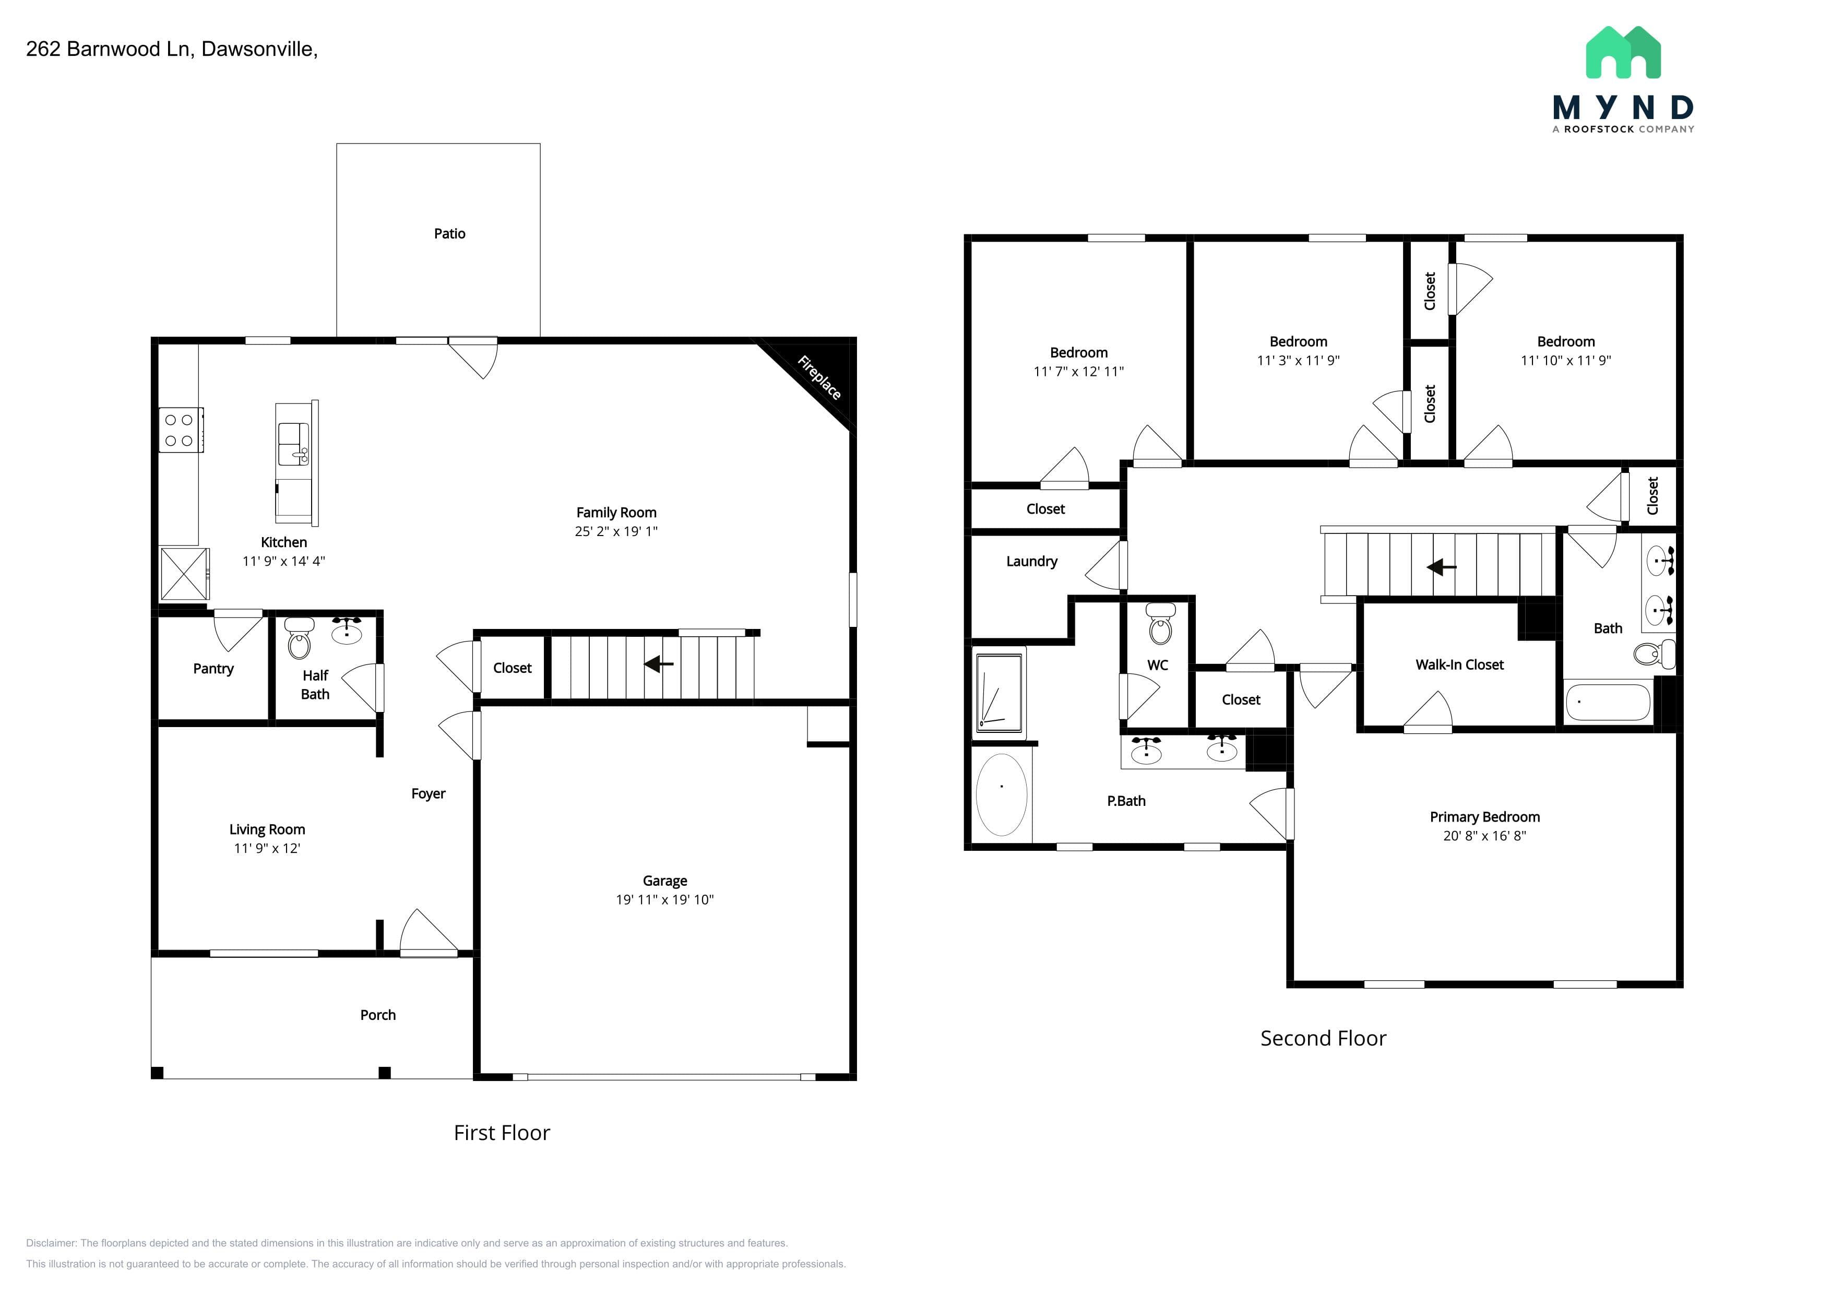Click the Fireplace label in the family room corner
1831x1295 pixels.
tap(819, 377)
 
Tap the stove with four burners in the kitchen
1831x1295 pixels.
tap(181, 430)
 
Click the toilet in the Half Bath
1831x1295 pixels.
tap(299, 638)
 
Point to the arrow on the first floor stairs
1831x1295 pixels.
tap(659, 663)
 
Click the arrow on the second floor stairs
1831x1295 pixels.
tap(1441, 567)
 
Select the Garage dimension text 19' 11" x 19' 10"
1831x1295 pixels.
tap(664, 899)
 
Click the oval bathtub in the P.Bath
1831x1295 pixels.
tap(1002, 794)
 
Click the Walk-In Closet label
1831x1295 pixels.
tap(1459, 664)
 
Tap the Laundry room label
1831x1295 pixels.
tap(1032, 562)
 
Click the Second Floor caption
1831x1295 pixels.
tap(1323, 1038)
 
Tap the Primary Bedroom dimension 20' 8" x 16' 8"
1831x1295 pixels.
tap(1484, 836)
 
